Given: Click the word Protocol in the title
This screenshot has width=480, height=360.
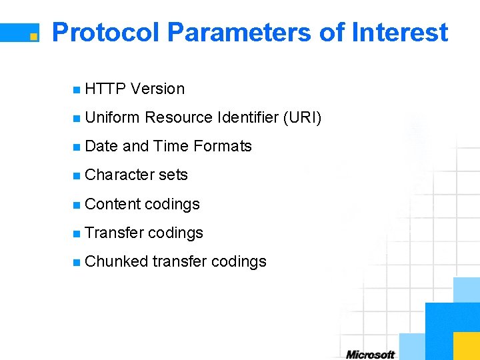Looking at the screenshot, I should [x=105, y=32].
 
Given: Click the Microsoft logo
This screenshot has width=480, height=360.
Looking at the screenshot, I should [x=370, y=354].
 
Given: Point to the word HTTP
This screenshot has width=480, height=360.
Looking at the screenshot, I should [x=106, y=89].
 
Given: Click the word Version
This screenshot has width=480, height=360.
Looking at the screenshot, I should [x=158, y=89].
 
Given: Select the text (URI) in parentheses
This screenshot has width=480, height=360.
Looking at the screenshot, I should [x=302, y=118].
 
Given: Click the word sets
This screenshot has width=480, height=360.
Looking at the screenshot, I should [x=173, y=175].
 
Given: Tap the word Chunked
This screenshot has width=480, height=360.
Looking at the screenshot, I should [x=116, y=261].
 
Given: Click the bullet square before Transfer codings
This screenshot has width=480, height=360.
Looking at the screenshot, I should [x=77, y=233].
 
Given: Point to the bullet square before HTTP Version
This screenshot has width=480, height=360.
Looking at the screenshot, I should [x=77, y=89].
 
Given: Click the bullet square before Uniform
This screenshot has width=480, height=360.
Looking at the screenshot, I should [x=77, y=119].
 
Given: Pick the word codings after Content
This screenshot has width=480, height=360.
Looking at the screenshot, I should [x=172, y=204].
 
